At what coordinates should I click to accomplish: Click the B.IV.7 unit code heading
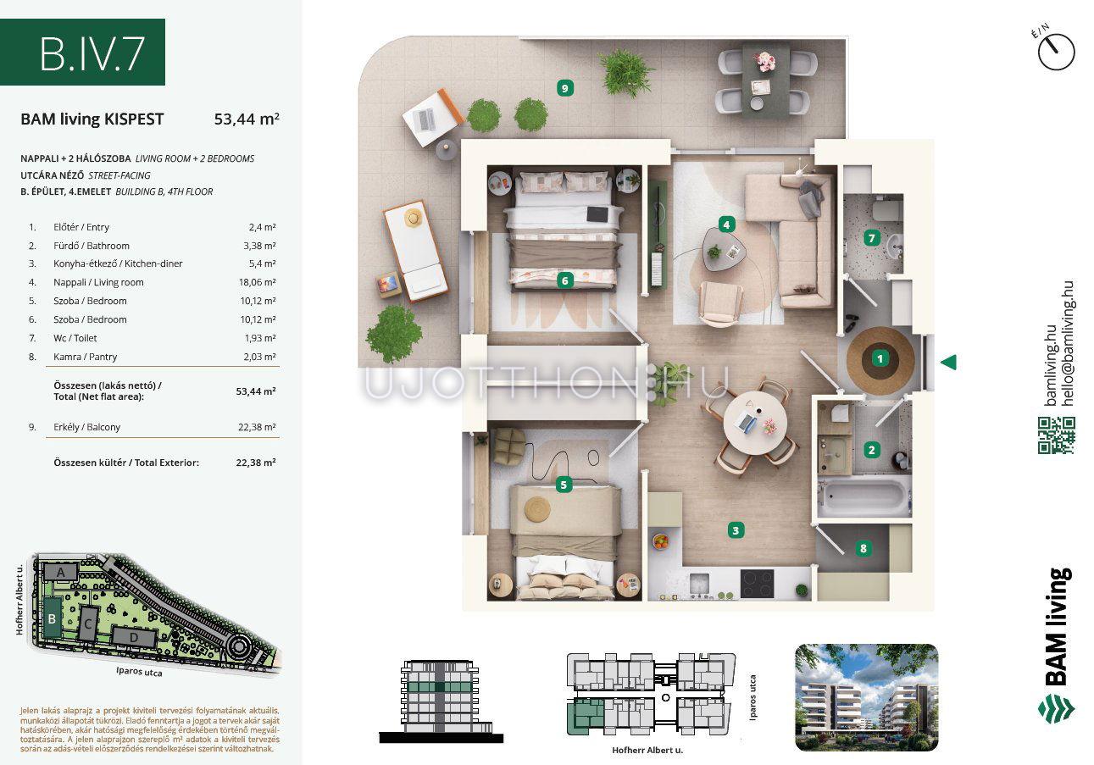tap(92, 53)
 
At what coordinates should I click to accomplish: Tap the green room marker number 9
tap(564, 88)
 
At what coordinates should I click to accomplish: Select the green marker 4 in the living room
tap(726, 225)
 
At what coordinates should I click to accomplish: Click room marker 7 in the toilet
tap(871, 238)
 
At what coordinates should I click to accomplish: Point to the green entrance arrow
tap(948, 363)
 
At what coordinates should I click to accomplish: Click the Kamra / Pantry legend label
tap(85, 357)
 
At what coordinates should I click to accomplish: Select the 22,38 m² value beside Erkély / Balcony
tap(257, 427)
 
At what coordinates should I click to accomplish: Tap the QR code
tap(1056, 435)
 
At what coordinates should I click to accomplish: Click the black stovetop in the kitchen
tap(757, 584)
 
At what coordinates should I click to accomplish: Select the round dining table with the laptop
tap(755, 424)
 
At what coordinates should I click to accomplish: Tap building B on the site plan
tap(52, 619)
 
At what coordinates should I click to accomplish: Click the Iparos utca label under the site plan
tap(139, 672)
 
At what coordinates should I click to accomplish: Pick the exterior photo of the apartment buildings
tap(866, 697)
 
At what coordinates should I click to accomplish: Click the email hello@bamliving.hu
tap(1068, 343)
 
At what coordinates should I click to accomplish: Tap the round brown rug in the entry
tap(880, 360)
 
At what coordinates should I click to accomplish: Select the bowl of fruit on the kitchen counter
tap(661, 541)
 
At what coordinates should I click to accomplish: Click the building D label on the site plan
tap(134, 638)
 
